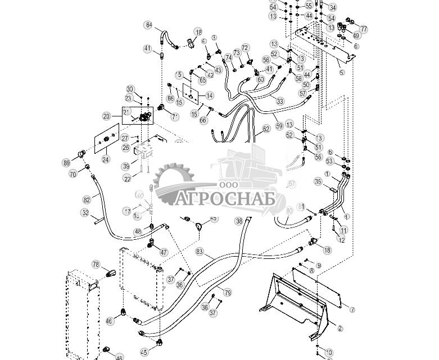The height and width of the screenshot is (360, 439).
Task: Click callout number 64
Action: (148, 25)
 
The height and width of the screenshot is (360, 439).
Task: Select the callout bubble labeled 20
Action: (106, 116)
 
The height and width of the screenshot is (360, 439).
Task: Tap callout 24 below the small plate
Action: (105, 160)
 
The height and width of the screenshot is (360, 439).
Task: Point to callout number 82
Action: (87, 200)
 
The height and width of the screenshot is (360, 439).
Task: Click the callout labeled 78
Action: (96, 265)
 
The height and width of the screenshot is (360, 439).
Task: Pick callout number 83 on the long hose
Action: (200, 252)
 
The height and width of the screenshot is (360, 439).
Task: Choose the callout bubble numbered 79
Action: (228, 293)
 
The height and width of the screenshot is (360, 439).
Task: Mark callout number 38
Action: (239, 221)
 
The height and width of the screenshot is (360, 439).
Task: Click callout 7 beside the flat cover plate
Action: (352, 309)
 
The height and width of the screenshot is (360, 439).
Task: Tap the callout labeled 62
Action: (266, 129)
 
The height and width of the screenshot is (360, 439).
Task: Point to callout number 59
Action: (279, 127)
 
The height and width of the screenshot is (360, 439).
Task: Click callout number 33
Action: (280, 101)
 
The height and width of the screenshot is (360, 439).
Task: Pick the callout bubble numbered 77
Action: (363, 29)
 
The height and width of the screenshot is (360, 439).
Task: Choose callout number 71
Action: (175, 117)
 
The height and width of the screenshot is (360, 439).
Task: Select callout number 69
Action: (67, 163)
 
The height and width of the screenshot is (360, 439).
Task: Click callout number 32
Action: (85, 213)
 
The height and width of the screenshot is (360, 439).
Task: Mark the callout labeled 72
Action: (245, 48)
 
